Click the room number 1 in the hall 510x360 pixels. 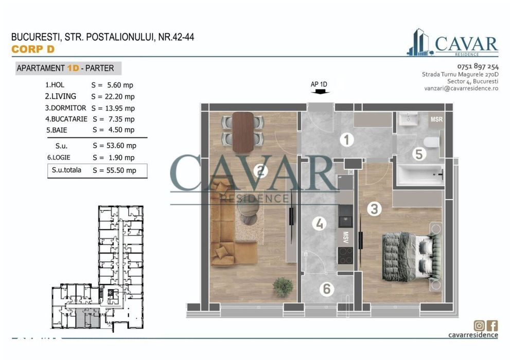pyautogui.click(x=347, y=139)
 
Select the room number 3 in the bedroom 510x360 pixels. pyautogui.click(x=374, y=209)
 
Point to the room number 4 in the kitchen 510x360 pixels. pyautogui.click(x=320, y=224)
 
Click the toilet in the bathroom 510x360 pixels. pyautogui.click(x=431, y=142)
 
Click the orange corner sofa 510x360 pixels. pyautogui.click(x=226, y=221)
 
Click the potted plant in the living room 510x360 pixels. pyautogui.click(x=283, y=284)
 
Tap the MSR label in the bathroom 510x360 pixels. pyautogui.click(x=436, y=119)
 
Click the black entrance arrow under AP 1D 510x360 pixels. pyautogui.click(x=319, y=93)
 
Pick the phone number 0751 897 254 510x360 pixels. pyautogui.click(x=478, y=66)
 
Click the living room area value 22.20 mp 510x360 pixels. pyautogui.click(x=113, y=97)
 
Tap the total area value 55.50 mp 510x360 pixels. pyautogui.click(x=114, y=170)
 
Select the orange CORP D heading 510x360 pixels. pyautogui.click(x=32, y=49)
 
